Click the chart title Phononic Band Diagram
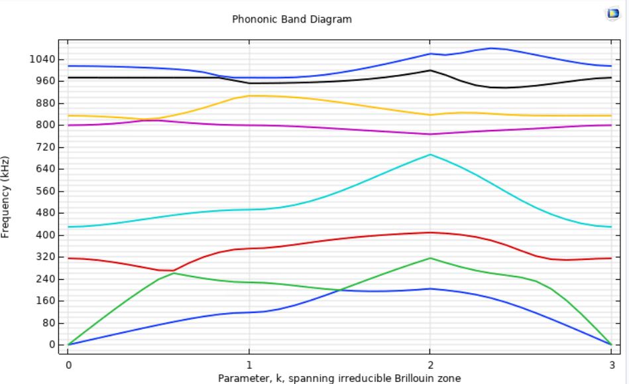(292, 19)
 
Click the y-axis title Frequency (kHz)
(6, 197)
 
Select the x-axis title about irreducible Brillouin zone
(339, 378)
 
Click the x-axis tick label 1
(249, 365)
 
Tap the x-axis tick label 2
(430, 365)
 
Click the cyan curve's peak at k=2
(430, 155)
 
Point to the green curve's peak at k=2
(430, 258)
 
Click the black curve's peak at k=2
(430, 70)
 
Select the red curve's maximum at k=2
(430, 232)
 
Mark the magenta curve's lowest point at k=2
(430, 134)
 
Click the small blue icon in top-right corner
(613, 13)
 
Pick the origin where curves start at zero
(68, 345)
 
